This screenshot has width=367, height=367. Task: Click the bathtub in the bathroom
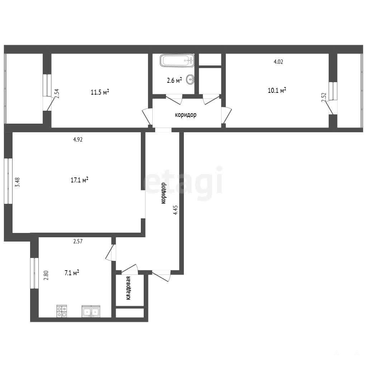coord(177,61)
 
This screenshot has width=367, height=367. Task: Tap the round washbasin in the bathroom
coord(190,80)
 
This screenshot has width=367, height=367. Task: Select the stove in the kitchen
coord(62,311)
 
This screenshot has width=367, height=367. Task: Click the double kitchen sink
coord(91,311)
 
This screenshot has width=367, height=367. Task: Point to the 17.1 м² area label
coord(79,180)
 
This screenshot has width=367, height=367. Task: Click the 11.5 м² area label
coord(100,92)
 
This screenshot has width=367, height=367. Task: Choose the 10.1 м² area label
coord(277,90)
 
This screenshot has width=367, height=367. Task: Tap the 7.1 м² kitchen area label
coord(72,273)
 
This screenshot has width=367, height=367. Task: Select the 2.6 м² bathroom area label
coord(175,80)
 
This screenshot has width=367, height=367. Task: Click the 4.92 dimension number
coord(78,139)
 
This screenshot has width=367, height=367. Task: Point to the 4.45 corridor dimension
coord(175,210)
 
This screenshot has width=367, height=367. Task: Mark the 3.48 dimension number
coord(17,182)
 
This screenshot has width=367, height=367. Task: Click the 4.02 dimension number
coord(278,62)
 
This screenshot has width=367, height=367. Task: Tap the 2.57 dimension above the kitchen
coord(78,241)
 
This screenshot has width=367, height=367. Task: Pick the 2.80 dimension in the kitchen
coord(46,275)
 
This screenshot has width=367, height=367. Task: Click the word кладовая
coord(128,288)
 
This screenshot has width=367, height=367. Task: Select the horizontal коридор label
coord(186,115)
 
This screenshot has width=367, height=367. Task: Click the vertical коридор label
coord(163,193)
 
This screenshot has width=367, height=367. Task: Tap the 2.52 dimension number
coord(324,97)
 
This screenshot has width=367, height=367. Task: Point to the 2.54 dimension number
coord(57,94)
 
